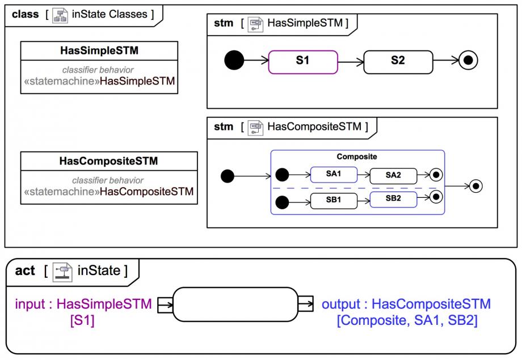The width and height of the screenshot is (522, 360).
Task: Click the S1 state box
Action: [303, 61]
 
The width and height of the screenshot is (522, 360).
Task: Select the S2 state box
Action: [398, 61]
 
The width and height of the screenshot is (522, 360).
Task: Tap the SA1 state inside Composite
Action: [333, 174]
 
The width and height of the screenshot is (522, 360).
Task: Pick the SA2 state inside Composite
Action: [393, 175]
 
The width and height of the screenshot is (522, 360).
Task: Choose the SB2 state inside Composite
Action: [393, 199]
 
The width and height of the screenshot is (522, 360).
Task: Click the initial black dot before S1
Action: [234, 60]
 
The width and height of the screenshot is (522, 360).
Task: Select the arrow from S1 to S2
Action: [350, 61]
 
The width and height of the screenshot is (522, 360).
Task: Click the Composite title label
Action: [357, 157]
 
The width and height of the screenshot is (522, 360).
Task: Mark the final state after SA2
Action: [436, 175]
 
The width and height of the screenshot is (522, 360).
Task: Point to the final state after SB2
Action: [436, 197]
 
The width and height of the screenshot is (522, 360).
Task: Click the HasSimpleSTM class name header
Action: [99, 51]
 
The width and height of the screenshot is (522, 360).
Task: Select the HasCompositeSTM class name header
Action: [108, 161]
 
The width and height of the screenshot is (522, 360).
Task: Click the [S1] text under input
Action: [82, 320]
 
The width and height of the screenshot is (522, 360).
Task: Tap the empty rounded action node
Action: [235, 304]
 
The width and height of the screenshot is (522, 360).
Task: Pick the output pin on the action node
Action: [305, 304]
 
